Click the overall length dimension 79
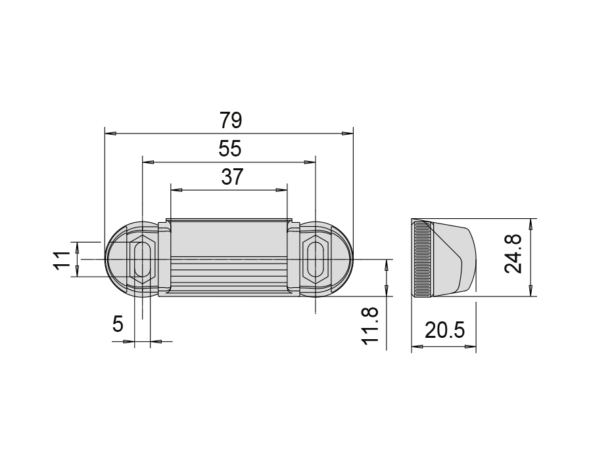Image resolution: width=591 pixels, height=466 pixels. [x=231, y=120]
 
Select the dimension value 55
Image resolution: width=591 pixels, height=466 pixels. [x=230, y=149]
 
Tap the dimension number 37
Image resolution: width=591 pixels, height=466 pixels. [x=232, y=177]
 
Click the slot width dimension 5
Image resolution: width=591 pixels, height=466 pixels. [x=118, y=323]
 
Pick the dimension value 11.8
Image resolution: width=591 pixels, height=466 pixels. [x=369, y=326]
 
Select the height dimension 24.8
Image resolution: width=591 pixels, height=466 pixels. [x=513, y=254]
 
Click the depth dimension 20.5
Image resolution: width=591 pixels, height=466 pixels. [x=445, y=331]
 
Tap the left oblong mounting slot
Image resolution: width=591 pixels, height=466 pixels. [x=142, y=260]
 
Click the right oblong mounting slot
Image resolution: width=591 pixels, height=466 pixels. [x=315, y=260]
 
